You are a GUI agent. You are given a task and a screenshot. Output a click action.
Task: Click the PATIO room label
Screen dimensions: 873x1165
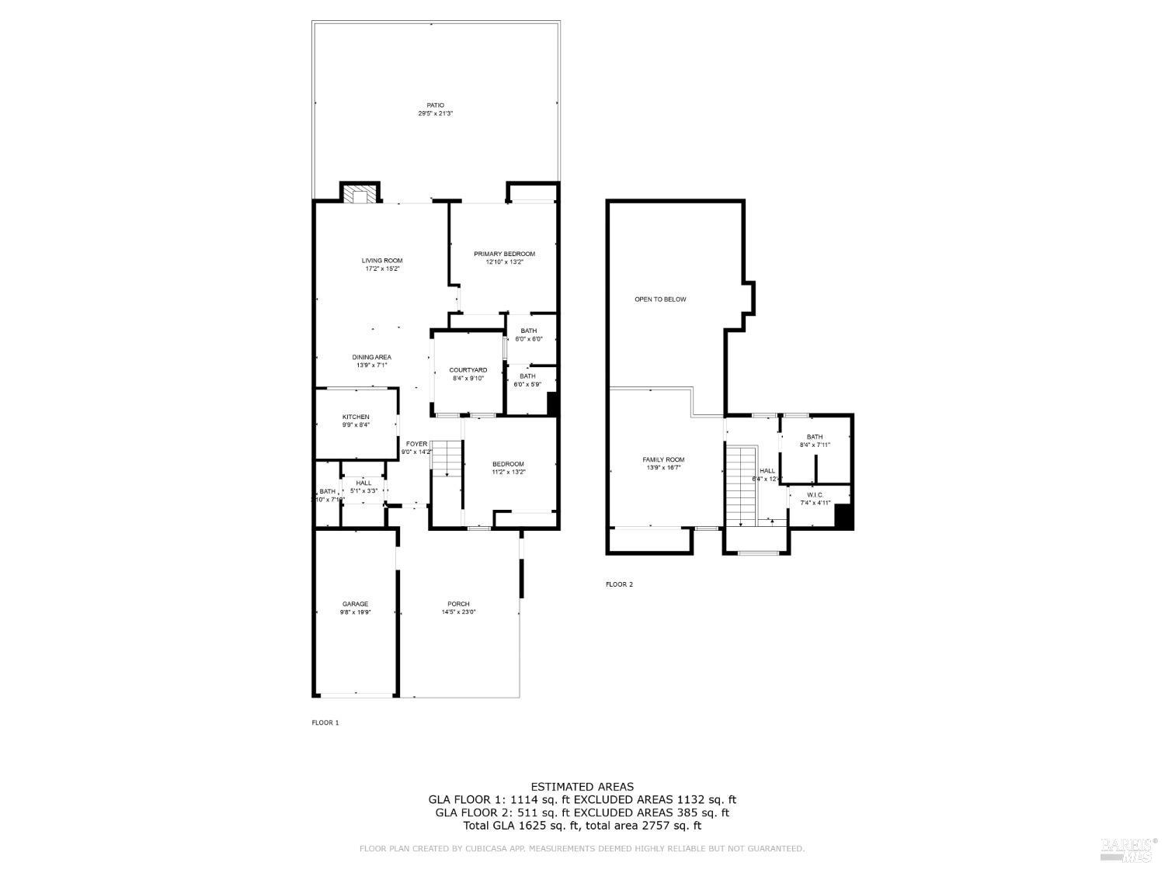[x=435, y=105]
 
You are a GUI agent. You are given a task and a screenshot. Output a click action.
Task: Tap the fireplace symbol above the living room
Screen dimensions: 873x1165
[x=360, y=194]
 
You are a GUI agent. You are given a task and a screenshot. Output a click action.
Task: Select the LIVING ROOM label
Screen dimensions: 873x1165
[x=381, y=261]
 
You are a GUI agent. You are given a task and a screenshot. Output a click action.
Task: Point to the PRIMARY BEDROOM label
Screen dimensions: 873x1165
[x=504, y=254]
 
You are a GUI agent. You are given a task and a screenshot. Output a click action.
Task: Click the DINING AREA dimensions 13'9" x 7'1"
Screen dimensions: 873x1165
[x=371, y=365]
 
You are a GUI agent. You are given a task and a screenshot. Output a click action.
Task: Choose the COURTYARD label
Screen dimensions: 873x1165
[x=468, y=370]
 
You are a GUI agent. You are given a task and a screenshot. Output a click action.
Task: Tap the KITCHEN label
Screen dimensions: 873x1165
[x=356, y=417]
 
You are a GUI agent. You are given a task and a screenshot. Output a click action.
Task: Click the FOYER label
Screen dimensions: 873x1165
[x=416, y=444]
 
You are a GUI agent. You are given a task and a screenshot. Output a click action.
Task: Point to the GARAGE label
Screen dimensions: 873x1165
[x=355, y=604]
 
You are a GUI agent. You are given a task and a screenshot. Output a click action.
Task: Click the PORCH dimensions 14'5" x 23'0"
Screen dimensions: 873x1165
[x=458, y=612]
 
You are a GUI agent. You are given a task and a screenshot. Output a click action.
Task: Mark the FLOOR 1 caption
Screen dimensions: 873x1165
[x=325, y=722]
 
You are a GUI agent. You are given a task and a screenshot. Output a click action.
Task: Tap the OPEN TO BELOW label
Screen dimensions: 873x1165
[x=660, y=299]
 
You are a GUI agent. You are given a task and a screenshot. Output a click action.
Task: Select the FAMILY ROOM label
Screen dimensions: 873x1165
[x=663, y=459]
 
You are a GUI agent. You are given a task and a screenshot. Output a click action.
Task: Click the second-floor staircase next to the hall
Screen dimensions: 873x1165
[x=741, y=485]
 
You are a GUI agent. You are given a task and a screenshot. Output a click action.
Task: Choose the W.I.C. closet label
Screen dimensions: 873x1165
[x=815, y=494]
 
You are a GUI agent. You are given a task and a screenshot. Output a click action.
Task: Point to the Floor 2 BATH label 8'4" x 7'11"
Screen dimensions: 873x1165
[x=814, y=437]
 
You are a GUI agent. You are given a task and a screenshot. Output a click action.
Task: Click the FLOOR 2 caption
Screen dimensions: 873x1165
[x=619, y=584]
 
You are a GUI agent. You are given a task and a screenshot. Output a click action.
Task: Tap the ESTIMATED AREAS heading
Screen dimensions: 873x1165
[x=582, y=787]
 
